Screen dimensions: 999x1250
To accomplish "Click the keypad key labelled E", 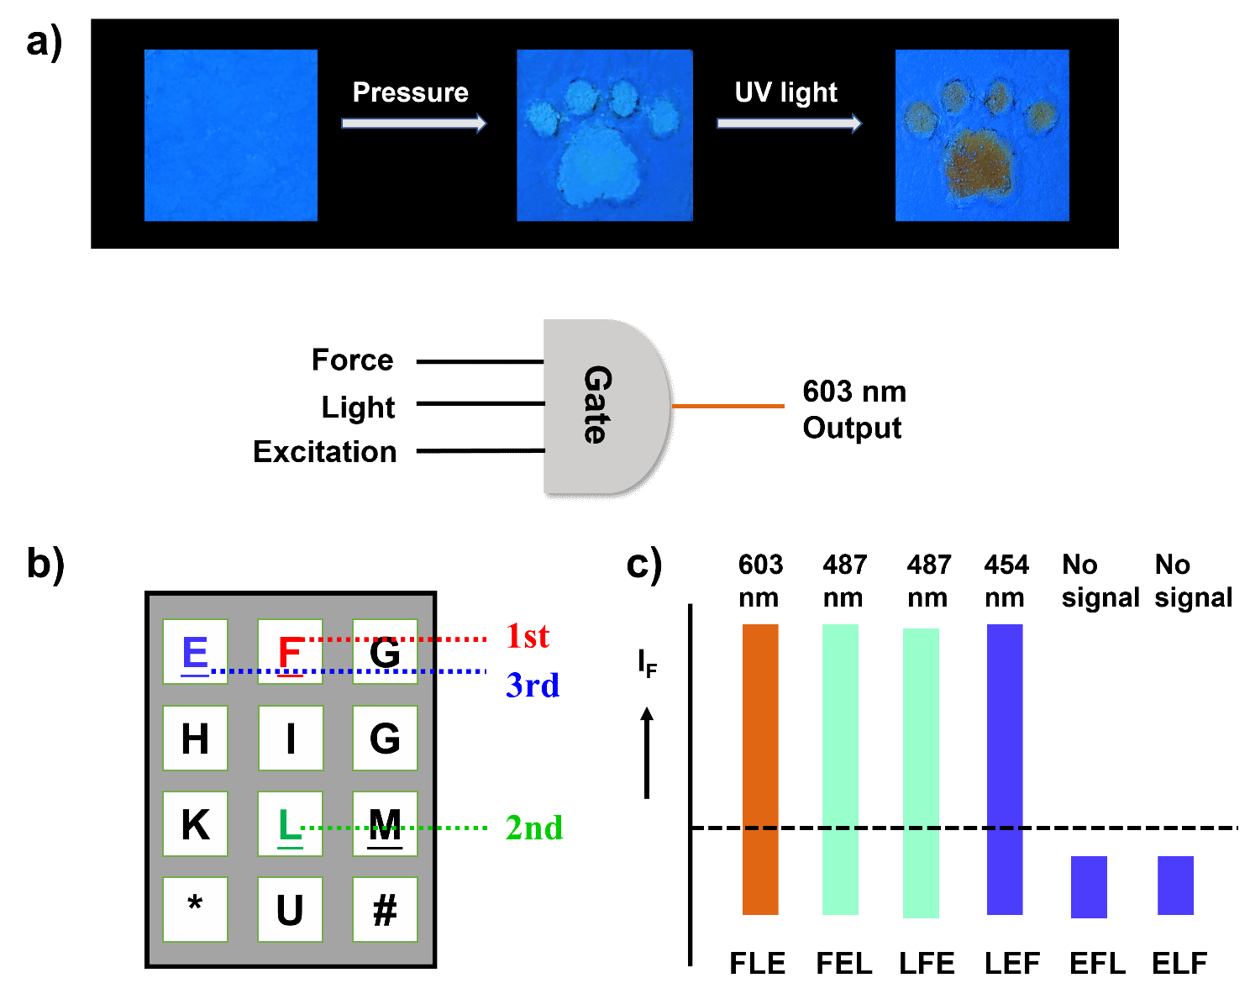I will pyautogui.click(x=195, y=652).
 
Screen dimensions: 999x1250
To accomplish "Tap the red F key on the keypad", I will pyautogui.click(x=290, y=652).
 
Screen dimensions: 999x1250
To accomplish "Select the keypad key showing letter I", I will pyautogui.click(x=291, y=739).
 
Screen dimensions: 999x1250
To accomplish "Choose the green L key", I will pyautogui.click(x=290, y=824).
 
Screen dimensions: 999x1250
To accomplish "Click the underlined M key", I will pyautogui.click(x=385, y=824).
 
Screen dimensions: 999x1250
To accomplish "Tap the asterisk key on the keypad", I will pyautogui.click(x=195, y=910).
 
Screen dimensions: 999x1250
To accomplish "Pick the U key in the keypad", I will pyautogui.click(x=290, y=910).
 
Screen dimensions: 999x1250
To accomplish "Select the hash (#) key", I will pyautogui.click(x=385, y=910).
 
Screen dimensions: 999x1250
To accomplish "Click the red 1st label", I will pyautogui.click(x=528, y=636).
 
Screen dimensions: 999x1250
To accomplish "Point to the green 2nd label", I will pyautogui.click(x=534, y=828).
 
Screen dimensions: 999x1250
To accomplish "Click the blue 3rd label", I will pyautogui.click(x=533, y=686).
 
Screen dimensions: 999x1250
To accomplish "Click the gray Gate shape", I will pyautogui.click(x=601, y=406).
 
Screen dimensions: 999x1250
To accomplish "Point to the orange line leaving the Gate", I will pyautogui.click(x=728, y=406).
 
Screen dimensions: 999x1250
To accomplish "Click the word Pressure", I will pyautogui.click(x=410, y=92).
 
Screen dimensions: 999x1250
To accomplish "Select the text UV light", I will pyautogui.click(x=785, y=92).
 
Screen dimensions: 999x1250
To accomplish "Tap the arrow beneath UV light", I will pyautogui.click(x=789, y=124).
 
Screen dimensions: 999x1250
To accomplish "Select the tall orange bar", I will pyautogui.click(x=760, y=769).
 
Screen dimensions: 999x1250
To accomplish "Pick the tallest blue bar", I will pyautogui.click(x=1005, y=769).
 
